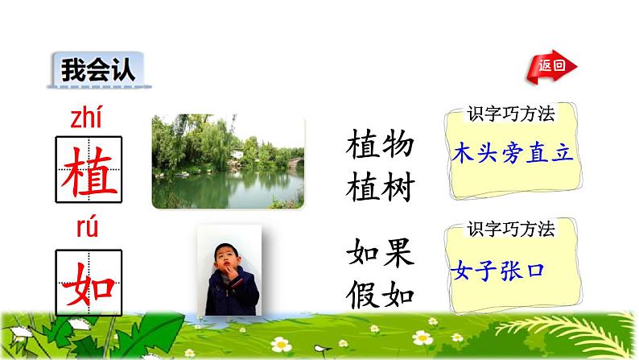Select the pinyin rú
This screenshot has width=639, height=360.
tap(86, 230)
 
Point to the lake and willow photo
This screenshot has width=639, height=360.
tap(228, 161)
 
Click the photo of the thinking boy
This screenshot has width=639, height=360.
tap(232, 270)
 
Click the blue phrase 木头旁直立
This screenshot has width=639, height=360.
tap(513, 153)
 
